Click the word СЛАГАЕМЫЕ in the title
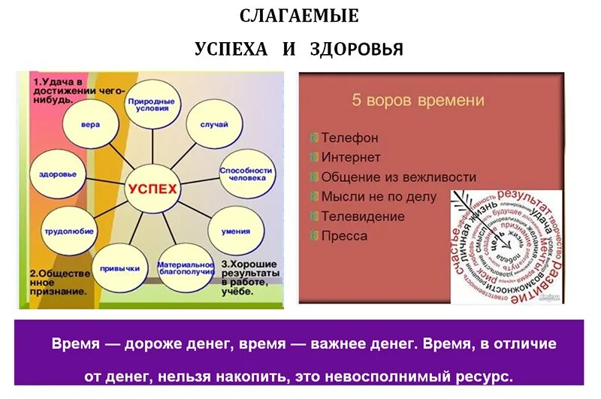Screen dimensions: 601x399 (x=299, y=15)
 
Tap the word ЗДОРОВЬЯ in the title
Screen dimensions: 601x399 (x=356, y=50)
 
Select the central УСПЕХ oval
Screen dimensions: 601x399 (x=153, y=188)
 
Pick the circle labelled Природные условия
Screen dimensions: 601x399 (x=153, y=103)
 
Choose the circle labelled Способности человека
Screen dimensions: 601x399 (x=245, y=174)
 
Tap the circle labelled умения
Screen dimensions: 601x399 (x=235, y=231)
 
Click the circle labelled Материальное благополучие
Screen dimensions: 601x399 (x=186, y=268)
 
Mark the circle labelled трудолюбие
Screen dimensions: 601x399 (x=68, y=231)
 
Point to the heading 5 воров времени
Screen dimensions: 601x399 (x=418, y=100)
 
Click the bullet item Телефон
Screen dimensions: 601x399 (x=349, y=138)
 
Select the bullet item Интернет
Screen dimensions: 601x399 (x=351, y=158)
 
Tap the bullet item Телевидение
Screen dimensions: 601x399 (x=363, y=216)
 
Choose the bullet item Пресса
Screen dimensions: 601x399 (x=344, y=236)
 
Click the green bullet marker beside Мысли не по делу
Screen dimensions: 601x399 (x=314, y=197)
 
